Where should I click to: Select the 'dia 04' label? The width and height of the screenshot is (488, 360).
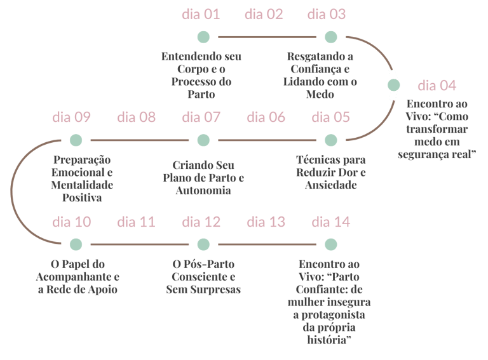pyautogui.click(x=437, y=85)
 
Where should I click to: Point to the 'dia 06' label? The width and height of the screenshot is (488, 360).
pyautogui.click(x=266, y=117)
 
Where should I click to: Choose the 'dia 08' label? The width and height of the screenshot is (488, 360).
pyautogui.click(x=136, y=117)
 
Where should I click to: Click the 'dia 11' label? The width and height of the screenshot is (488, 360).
pyautogui.click(x=136, y=222)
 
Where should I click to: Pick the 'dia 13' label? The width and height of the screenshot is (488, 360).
pyautogui.click(x=266, y=222)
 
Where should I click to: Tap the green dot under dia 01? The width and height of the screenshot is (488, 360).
pyautogui.click(x=203, y=36)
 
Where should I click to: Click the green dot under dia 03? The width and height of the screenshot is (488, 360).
pyautogui.click(x=330, y=36)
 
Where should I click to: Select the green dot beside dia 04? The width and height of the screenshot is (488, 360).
pyautogui.click(x=394, y=85)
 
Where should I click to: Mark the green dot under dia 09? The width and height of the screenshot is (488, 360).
pyautogui.click(x=76, y=140)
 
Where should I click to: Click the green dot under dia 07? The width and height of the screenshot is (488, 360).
pyautogui.click(x=203, y=140)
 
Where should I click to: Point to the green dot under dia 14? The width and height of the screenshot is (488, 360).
pyautogui.click(x=330, y=244)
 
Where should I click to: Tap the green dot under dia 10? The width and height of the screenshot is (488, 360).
pyautogui.click(x=76, y=244)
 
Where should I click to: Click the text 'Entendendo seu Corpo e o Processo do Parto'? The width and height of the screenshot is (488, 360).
pyautogui.click(x=201, y=76)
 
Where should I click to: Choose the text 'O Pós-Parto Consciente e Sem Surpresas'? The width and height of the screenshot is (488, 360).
pyautogui.click(x=203, y=276)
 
